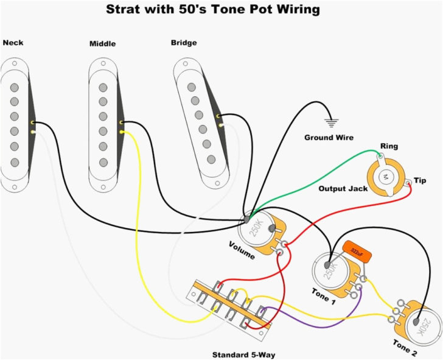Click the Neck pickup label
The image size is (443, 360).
point(13,43)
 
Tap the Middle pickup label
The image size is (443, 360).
point(102,43)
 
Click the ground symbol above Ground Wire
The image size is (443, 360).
point(331,121)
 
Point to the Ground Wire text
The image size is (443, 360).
point(329,138)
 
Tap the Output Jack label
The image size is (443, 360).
point(343,189)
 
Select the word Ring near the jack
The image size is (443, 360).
point(389,146)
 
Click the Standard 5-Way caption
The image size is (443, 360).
point(247,354)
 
